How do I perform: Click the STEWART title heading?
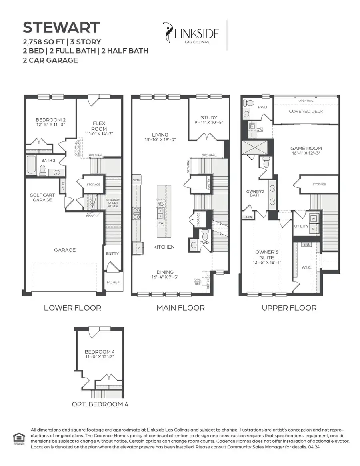point(61,28)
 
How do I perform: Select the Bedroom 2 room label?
point(50,120)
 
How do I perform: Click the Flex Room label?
point(99,126)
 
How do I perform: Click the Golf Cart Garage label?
point(42,197)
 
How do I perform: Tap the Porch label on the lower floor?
point(114,282)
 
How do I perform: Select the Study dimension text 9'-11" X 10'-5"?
point(209,123)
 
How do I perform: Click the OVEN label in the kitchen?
point(136,181)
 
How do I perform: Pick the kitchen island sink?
point(161,216)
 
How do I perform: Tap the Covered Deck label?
point(306,111)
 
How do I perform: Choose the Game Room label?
point(306,149)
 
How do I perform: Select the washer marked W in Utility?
point(313,219)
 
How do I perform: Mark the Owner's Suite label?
point(267,255)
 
